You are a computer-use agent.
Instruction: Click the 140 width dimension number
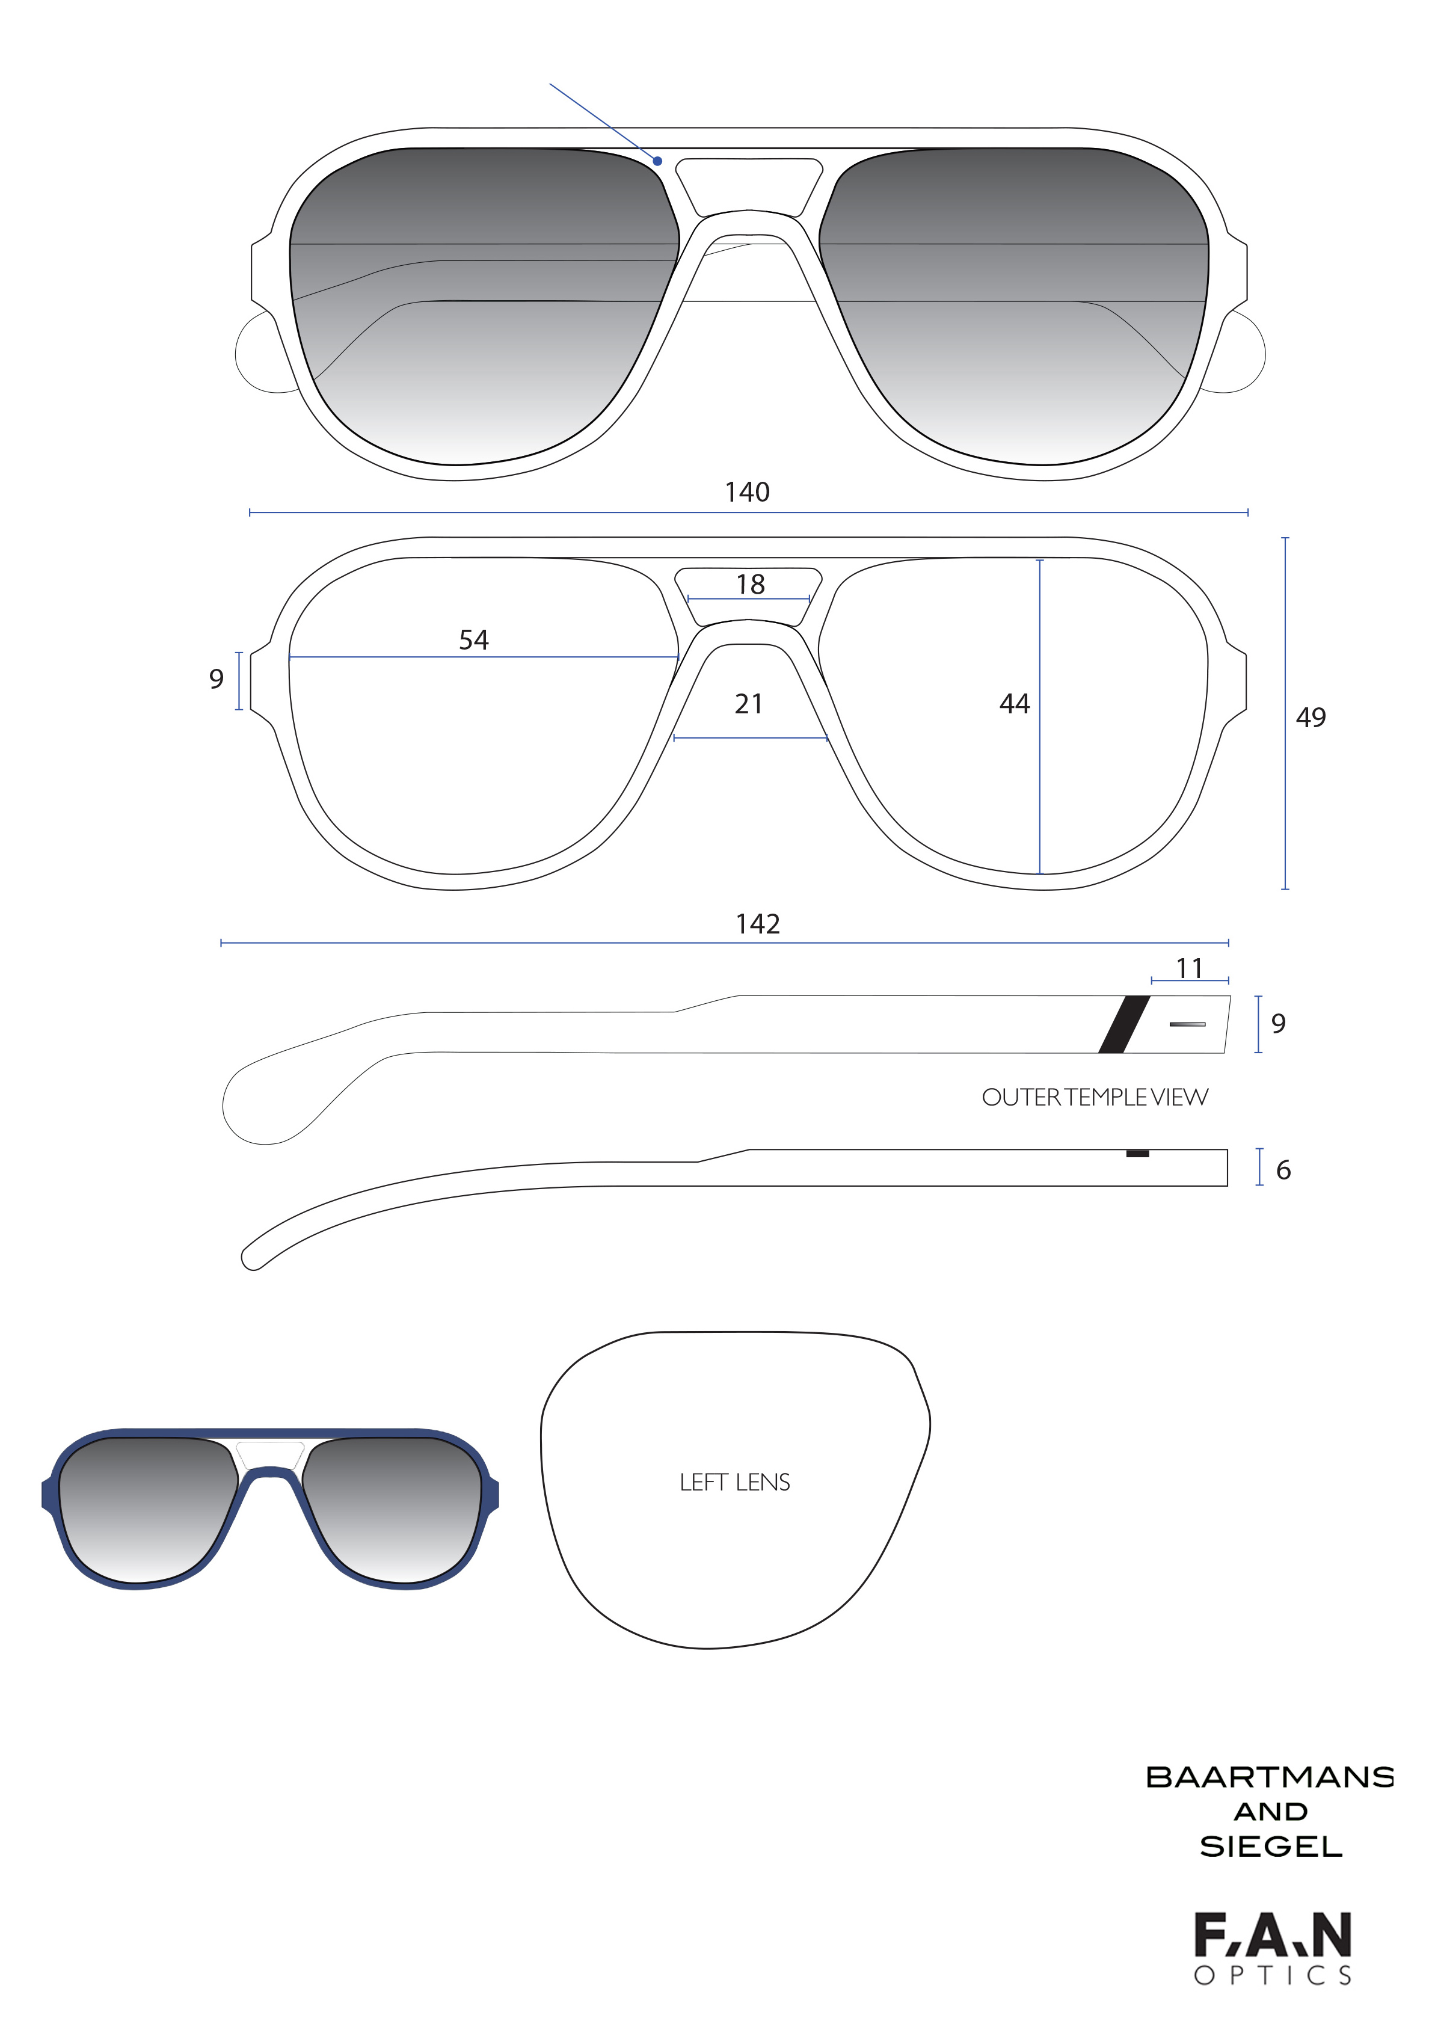coord(747,492)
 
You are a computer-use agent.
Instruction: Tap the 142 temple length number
coord(758,924)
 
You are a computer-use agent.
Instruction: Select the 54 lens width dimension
coord(473,639)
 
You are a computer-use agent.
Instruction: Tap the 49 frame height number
coord(1311,718)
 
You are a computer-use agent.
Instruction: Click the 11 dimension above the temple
coord(1189,968)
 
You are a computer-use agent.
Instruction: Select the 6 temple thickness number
coord(1283,1170)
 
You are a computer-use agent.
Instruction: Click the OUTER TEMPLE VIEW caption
coord(1094,1098)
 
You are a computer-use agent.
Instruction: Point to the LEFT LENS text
coord(734,1482)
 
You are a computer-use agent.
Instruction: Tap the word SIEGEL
coord(1270,1847)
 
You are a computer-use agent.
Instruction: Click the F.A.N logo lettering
coord(1272,1936)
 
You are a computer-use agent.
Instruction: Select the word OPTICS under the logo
coord(1272,1976)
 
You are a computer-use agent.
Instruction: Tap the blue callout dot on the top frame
coord(658,161)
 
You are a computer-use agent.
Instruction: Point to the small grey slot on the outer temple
coord(1187,1024)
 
